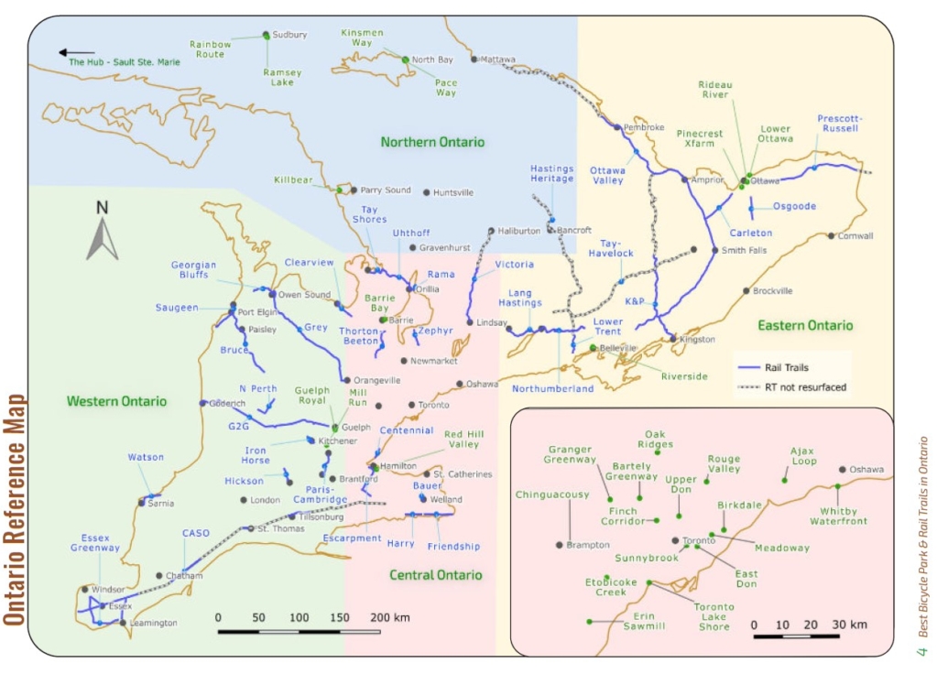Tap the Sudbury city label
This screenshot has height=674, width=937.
coord(289,35)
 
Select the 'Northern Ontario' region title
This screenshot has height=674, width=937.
coord(432,142)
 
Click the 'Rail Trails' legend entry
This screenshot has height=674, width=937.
coord(786,367)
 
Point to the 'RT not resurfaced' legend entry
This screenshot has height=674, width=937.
coord(805,386)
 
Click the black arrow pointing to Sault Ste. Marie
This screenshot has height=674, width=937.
coord(76,52)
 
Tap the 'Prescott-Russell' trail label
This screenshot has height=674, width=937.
coord(838,124)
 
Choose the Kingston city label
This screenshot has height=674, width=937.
coord(697,339)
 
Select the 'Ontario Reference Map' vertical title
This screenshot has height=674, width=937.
coord(15,509)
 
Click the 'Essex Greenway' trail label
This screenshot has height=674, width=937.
coord(95,543)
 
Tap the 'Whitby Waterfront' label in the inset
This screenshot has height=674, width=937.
coord(838,516)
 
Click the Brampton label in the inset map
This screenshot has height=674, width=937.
coord(588,545)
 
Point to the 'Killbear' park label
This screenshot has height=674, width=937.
coord(293,180)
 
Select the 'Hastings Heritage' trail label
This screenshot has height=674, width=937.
coord(551,174)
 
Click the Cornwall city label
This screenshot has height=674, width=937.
coord(855,236)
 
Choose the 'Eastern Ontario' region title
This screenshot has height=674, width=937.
coord(805,325)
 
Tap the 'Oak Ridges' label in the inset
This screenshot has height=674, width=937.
coord(655,440)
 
